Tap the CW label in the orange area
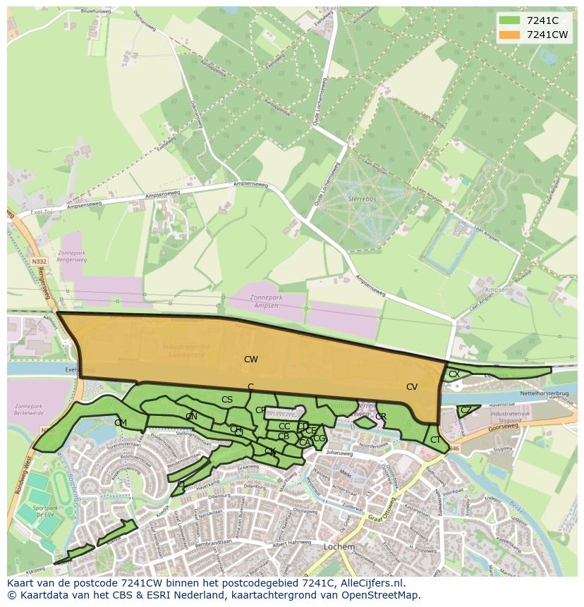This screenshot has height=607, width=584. (x=251, y=360)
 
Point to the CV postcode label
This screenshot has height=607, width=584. (x=412, y=387)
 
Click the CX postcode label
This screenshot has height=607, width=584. (x=454, y=374)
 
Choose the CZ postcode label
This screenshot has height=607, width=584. (x=466, y=410)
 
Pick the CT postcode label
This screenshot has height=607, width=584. (x=435, y=440)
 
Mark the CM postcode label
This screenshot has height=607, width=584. (x=121, y=423)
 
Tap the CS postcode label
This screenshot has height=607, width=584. (x=227, y=400)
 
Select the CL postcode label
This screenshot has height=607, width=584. (x=181, y=484)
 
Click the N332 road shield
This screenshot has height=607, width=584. (x=39, y=261)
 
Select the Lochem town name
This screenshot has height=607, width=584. (x=339, y=546)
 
